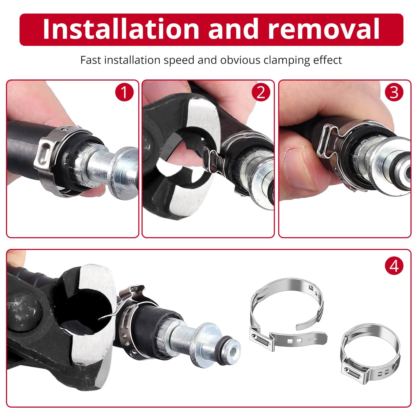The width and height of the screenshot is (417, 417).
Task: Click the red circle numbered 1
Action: click(x=124, y=92)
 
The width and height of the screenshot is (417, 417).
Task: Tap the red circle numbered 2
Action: click(x=261, y=92)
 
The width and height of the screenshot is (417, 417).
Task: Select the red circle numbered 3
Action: click(x=394, y=92)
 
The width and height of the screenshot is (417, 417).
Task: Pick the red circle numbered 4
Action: click(x=394, y=266)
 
